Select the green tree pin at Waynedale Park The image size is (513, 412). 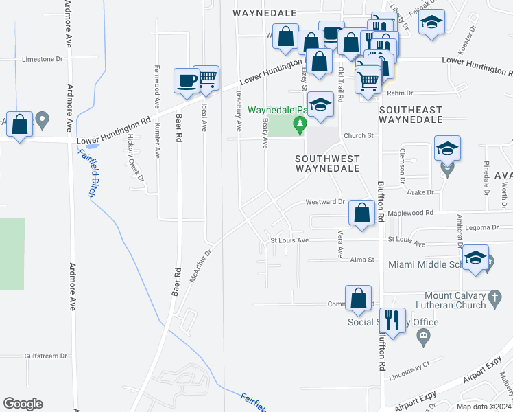coord(299,125)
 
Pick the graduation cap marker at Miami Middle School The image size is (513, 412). coord(475,258)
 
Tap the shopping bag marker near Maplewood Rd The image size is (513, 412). coord(361,214)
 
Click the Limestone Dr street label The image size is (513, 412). coord(43,60)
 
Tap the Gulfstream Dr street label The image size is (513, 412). coord(45,356)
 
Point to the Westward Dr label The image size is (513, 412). coord(325,202)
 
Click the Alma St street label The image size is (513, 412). coord(363,260)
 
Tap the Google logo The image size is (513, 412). coord(23,404)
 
